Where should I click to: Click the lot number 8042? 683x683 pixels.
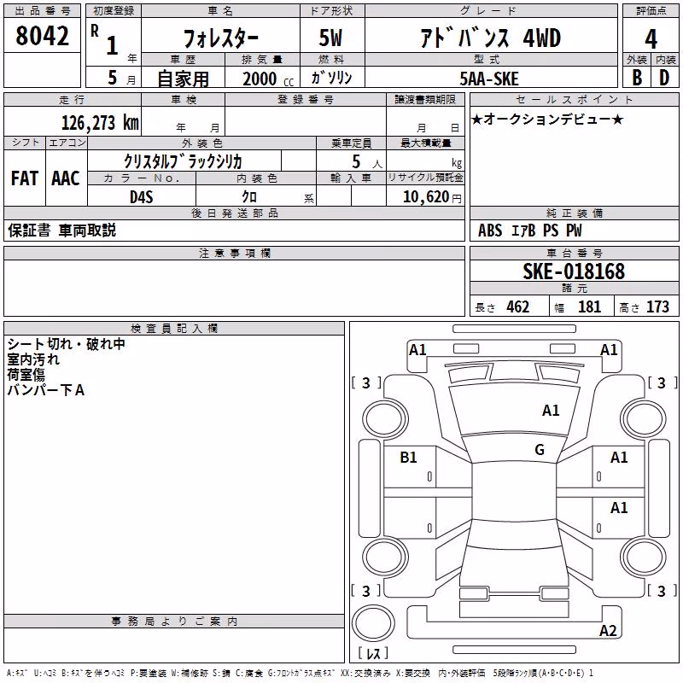click(42, 36)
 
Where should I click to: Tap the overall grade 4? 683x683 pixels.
click(651, 39)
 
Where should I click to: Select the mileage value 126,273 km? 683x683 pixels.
click(100, 123)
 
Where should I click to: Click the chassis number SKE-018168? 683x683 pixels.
click(574, 271)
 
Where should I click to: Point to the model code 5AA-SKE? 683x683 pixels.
click(489, 79)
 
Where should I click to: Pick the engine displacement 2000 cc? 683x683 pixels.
click(268, 79)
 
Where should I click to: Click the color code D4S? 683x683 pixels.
click(142, 197)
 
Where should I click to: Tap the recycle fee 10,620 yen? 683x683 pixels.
click(432, 197)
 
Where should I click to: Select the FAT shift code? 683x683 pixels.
click(25, 178)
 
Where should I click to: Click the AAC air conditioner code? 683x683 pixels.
click(66, 178)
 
